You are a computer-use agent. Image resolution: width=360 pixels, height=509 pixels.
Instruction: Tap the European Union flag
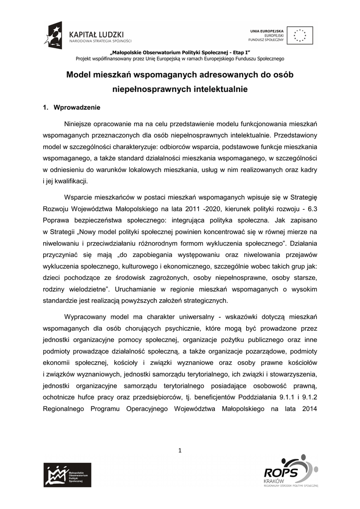tap(300, 35)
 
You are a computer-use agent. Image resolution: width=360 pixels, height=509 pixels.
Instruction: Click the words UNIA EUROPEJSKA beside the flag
tap(267, 31)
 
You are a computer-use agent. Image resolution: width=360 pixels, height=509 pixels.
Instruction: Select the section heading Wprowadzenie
tap(77, 107)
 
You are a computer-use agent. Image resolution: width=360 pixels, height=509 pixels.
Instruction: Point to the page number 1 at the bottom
tap(180, 450)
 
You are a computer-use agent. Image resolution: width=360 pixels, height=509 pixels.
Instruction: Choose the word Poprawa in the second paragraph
tap(56, 219)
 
